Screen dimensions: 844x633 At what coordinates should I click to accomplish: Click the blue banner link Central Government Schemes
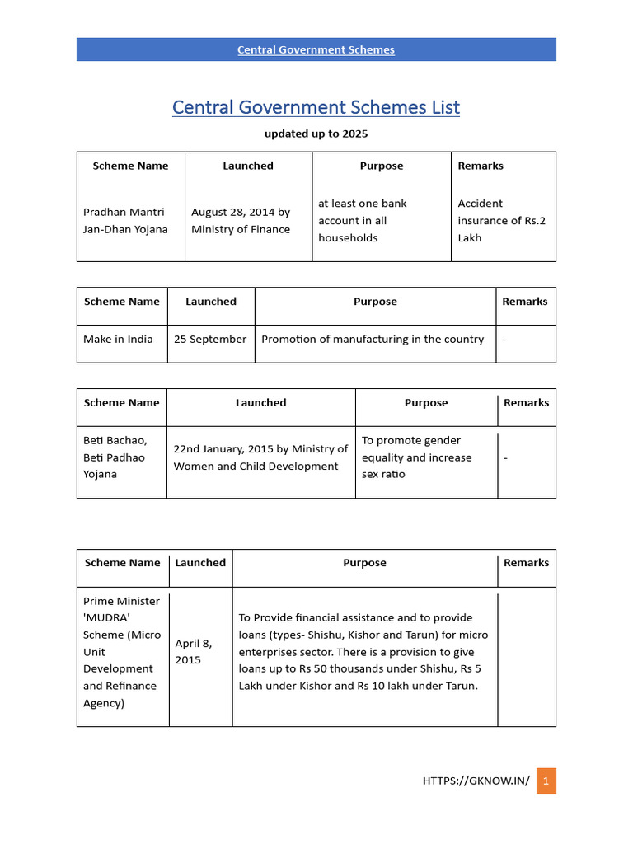click(x=316, y=49)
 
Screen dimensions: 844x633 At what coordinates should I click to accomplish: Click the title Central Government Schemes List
click(x=316, y=107)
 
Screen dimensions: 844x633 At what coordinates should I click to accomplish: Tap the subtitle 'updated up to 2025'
click(x=316, y=134)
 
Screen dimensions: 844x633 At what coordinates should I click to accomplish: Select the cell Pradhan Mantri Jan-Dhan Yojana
click(x=125, y=221)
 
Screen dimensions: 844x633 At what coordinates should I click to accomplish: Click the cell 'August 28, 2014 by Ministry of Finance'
click(x=241, y=221)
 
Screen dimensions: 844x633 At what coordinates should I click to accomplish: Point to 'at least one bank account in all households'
click(x=363, y=221)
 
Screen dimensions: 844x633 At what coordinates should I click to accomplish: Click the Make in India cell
click(x=118, y=340)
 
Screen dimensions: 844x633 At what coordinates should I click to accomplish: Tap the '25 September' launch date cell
click(x=210, y=340)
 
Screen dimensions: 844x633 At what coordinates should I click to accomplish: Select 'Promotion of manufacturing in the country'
click(x=373, y=340)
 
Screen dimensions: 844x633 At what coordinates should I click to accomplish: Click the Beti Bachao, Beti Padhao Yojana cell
click(x=115, y=457)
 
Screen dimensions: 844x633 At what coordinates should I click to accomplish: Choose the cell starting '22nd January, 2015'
click(x=260, y=457)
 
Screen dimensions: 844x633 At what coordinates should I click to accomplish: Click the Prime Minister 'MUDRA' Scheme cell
click(x=121, y=652)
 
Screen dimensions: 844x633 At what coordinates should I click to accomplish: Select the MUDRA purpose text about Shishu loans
click(x=363, y=652)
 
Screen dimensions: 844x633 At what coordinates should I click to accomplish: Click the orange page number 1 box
click(x=546, y=781)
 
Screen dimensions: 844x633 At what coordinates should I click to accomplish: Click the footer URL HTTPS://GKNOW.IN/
click(x=476, y=781)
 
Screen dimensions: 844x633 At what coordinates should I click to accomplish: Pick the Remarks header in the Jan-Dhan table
click(x=481, y=166)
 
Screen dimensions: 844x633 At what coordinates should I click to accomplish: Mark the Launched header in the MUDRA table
click(x=200, y=563)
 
